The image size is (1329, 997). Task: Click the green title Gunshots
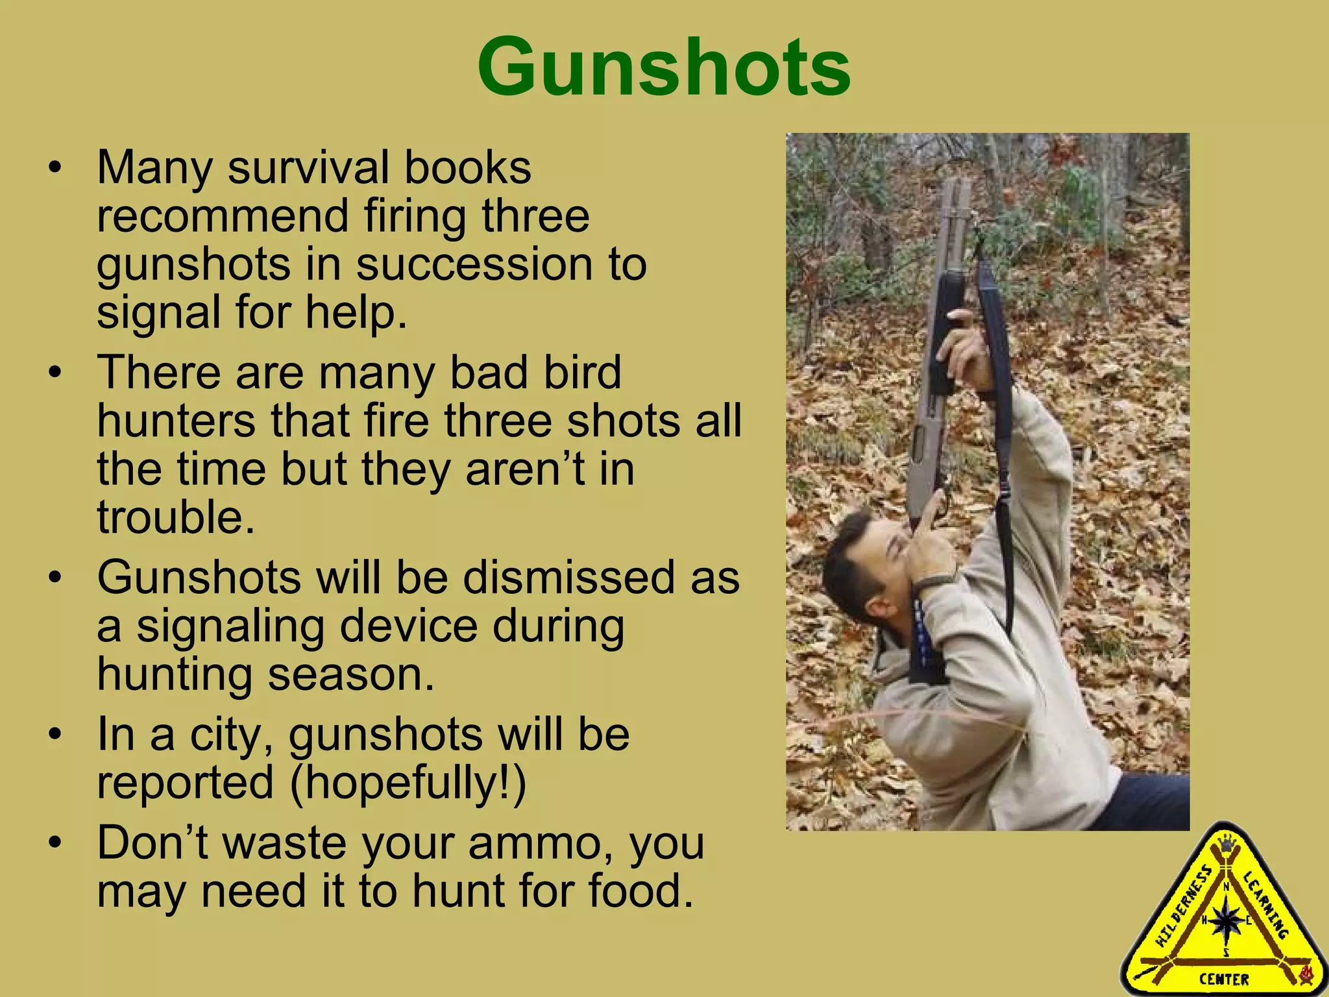tap(664, 68)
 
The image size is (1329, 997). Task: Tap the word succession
tap(473, 265)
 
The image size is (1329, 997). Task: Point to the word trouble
tap(175, 517)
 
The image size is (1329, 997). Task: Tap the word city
tap(230, 735)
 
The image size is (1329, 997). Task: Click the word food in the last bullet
tap(640, 891)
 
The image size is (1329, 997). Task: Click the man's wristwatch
tap(933, 580)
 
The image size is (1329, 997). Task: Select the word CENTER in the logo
tap(1224, 979)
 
